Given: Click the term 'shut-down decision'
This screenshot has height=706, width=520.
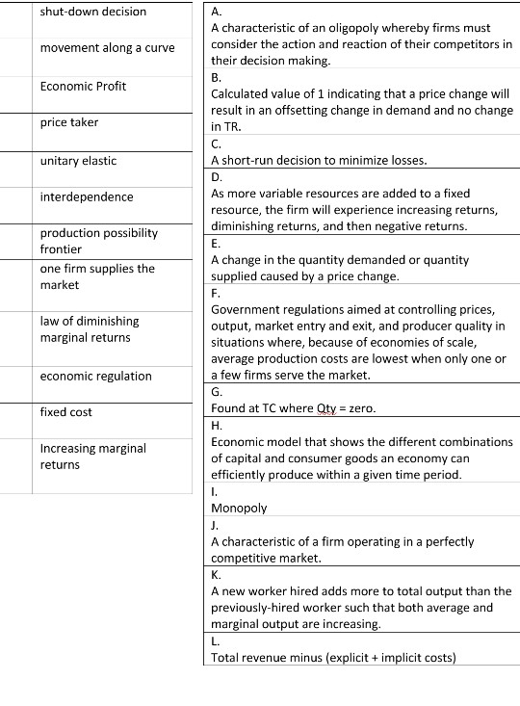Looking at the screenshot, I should [x=93, y=12].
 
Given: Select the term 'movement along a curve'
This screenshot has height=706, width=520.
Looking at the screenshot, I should [x=107, y=48].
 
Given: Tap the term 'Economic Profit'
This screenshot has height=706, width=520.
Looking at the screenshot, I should [x=83, y=86].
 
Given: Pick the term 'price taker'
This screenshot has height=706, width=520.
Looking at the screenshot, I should [x=69, y=122].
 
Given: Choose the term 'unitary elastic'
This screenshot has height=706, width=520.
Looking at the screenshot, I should [x=79, y=160].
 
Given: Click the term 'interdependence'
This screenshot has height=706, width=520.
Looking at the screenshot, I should [x=87, y=196].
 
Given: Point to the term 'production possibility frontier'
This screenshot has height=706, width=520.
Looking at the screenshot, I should [x=98, y=241].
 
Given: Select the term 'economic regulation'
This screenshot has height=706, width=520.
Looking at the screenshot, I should [x=95, y=376].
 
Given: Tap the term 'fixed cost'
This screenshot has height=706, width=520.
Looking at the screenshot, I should [x=66, y=412].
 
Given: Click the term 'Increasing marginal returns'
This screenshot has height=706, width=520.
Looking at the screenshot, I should [x=92, y=456].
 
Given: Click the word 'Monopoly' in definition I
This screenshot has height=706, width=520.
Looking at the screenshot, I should [x=239, y=507].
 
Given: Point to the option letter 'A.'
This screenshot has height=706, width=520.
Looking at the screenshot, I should [x=216, y=12].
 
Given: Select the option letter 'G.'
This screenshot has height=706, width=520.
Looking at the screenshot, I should [x=217, y=392].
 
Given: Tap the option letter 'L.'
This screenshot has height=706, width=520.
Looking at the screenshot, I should [x=215, y=641].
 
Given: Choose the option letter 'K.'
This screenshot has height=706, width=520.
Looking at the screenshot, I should [x=216, y=575].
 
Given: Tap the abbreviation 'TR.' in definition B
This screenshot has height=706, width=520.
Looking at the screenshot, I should [x=221, y=127].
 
